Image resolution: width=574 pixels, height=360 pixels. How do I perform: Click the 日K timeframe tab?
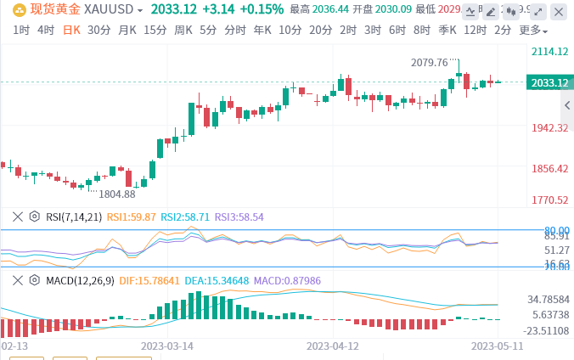[x=72, y=30]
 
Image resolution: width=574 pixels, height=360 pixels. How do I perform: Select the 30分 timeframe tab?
[x=98, y=30]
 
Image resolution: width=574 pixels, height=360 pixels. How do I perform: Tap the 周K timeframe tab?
[x=183, y=30]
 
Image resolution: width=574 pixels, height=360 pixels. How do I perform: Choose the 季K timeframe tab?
[x=447, y=30]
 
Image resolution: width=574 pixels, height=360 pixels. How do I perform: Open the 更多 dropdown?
[x=532, y=30]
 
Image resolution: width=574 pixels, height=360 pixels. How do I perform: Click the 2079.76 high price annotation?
[x=429, y=63]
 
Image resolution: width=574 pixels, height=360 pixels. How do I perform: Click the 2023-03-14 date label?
[x=166, y=346]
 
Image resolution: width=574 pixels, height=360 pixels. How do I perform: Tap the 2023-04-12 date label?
[x=333, y=346]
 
